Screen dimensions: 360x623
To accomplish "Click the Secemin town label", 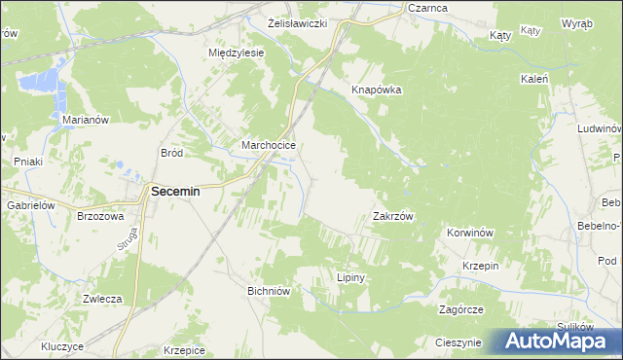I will pyautogui.click(x=175, y=192).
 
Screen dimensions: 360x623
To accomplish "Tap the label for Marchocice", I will pyautogui.click(x=268, y=146).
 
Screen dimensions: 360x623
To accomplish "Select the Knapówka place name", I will pyautogui.click(x=377, y=90).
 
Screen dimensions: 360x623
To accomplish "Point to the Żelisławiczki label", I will pyautogui.click(x=296, y=21).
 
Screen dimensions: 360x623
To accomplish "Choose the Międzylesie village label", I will pyautogui.click(x=237, y=53).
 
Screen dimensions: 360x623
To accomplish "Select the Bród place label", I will pyautogui.click(x=172, y=153).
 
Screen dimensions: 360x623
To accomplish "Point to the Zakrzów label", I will pyautogui.click(x=394, y=216).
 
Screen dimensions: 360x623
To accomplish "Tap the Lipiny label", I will pyautogui.click(x=350, y=277).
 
